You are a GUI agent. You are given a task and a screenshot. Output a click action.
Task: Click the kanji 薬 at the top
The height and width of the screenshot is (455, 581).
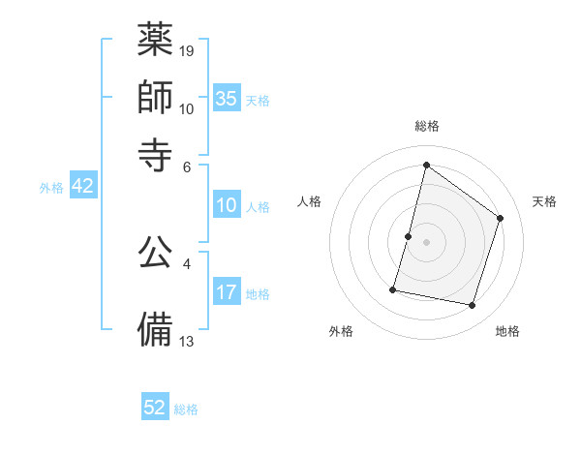[x=156, y=41]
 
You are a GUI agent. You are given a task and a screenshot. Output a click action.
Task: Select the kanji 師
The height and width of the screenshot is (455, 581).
[x=156, y=96]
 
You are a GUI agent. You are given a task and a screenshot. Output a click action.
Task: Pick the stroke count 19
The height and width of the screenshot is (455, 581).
[x=188, y=50]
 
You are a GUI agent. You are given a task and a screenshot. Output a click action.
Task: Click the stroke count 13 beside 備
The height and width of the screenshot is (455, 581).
[x=188, y=341]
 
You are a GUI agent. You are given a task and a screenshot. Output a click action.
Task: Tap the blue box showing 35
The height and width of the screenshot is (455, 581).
[x=227, y=98]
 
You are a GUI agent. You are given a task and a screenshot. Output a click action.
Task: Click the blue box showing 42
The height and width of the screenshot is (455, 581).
[x=82, y=187]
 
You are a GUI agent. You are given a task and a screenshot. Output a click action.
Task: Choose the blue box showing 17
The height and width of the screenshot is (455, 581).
[x=227, y=293]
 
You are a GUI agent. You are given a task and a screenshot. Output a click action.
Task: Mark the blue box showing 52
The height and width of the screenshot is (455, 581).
[x=155, y=408]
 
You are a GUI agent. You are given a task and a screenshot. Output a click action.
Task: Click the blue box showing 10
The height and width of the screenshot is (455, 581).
[x=227, y=205]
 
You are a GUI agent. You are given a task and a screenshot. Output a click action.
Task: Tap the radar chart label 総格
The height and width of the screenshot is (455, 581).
[x=427, y=126]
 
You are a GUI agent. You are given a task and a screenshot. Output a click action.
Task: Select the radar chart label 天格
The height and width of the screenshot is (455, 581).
[x=544, y=201]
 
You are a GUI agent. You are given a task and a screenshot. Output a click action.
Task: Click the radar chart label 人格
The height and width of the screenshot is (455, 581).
[x=310, y=201]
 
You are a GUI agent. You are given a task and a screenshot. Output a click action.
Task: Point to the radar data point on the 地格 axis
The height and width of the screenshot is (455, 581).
[x=473, y=306]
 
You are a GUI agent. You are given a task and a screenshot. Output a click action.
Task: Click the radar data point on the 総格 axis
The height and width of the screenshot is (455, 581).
[x=426, y=166]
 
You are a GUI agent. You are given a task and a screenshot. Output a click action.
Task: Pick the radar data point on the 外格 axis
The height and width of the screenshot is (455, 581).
[x=393, y=288]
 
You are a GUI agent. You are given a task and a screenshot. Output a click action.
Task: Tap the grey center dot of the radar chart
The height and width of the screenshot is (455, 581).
[x=427, y=242]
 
